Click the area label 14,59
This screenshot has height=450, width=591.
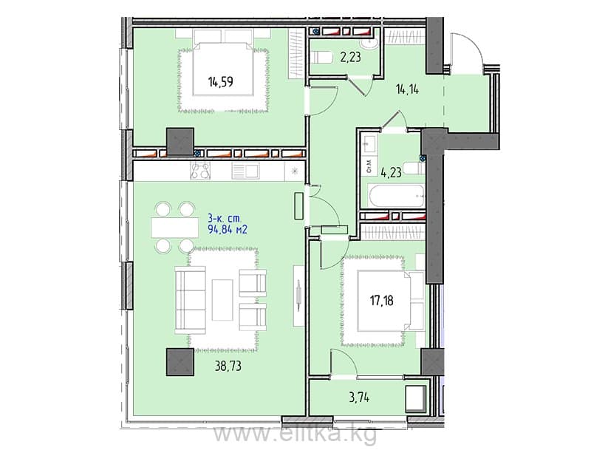click(x=220, y=81)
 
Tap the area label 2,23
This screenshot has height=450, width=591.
click(x=350, y=58)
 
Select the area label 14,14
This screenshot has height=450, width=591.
click(x=408, y=89)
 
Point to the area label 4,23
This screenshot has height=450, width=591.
click(x=391, y=173)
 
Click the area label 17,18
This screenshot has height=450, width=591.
click(x=382, y=301)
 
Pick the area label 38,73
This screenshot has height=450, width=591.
click(x=228, y=366)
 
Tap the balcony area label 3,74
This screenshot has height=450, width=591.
click(x=359, y=398)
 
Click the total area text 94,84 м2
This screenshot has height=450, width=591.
click(x=228, y=229)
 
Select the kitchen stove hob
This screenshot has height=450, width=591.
click(x=200, y=171)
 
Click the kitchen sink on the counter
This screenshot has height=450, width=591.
click(x=245, y=171)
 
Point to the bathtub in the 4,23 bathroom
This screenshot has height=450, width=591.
click(x=397, y=196)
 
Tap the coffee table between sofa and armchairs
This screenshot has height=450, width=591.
click(x=222, y=300)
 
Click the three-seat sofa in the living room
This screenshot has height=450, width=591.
click(x=191, y=300)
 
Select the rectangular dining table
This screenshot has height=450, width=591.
click(x=175, y=228)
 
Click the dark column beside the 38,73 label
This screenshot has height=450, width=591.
click(x=180, y=362)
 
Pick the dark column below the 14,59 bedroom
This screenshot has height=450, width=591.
click(x=180, y=142)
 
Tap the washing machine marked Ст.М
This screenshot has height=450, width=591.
click(x=369, y=166)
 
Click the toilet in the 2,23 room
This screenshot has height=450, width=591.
click(x=321, y=58)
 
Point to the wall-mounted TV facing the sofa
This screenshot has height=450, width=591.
click(x=298, y=296)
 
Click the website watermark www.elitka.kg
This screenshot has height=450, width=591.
click(x=295, y=434)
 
